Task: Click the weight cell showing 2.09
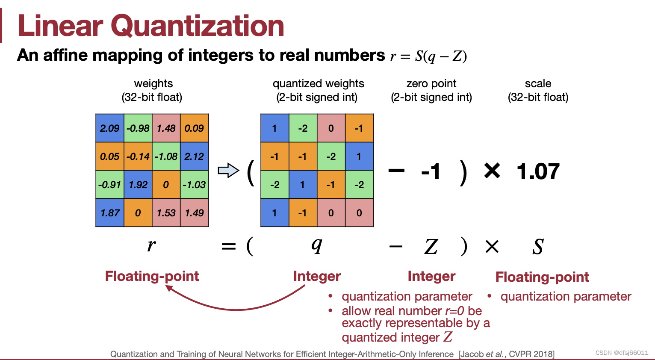click(x=110, y=128)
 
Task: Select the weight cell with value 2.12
click(x=194, y=156)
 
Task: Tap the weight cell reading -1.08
click(x=166, y=156)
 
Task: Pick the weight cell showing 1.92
click(x=138, y=185)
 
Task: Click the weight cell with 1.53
click(x=166, y=213)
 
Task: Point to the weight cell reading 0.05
click(x=110, y=156)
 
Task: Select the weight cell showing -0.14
click(x=138, y=156)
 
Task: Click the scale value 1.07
click(x=538, y=172)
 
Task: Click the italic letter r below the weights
click(x=151, y=245)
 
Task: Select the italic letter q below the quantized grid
click(x=316, y=245)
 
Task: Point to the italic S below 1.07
click(x=538, y=247)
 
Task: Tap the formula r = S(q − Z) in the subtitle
click(x=428, y=56)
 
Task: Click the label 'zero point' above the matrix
click(x=431, y=83)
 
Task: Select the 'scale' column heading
click(x=538, y=83)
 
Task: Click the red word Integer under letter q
click(x=317, y=276)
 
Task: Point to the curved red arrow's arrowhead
click(x=169, y=288)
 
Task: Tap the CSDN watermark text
click(x=622, y=353)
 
